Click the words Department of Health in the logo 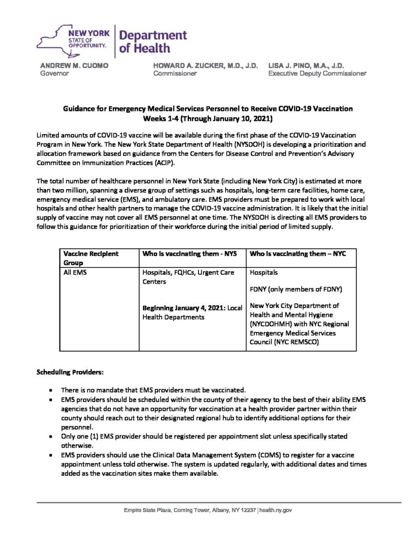[x=153, y=42]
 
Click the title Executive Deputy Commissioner [x=317, y=74]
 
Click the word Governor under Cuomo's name [x=55, y=74]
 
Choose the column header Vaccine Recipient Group [x=90, y=257]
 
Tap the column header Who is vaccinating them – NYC [x=298, y=254]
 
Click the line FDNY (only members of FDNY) [x=292, y=289]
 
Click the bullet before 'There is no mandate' [x=49, y=391]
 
